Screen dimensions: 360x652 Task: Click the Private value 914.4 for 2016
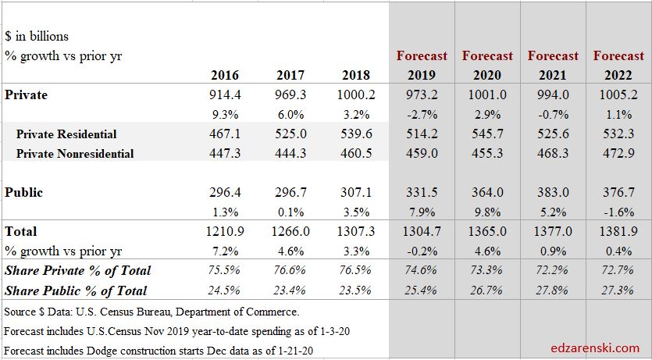click(224, 95)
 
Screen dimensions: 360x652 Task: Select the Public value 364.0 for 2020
click(487, 193)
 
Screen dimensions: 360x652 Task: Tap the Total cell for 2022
click(618, 232)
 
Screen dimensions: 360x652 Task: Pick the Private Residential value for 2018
click(355, 134)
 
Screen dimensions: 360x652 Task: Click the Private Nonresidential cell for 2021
click(553, 154)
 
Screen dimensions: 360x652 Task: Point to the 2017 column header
click(290, 76)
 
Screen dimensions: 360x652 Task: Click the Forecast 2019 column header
click(422, 66)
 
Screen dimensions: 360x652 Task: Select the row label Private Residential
click(66, 134)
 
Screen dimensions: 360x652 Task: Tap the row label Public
click(23, 193)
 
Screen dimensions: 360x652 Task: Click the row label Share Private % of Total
click(77, 271)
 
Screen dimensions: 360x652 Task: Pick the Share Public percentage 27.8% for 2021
click(553, 290)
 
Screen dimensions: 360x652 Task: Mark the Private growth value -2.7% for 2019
click(422, 115)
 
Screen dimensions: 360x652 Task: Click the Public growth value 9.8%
click(487, 212)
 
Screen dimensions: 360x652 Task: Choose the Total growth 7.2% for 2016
click(224, 251)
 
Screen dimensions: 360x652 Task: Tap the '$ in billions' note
click(37, 37)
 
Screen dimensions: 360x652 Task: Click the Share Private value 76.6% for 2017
click(290, 271)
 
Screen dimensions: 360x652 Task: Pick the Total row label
click(21, 232)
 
